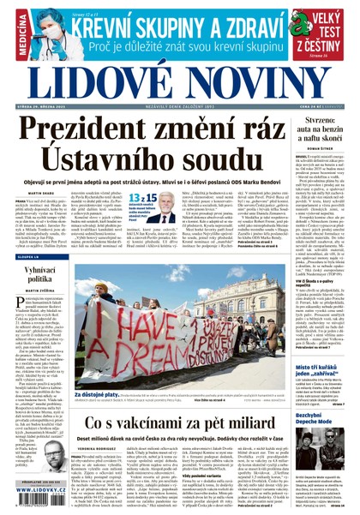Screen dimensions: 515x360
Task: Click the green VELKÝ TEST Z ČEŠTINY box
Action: [x=329, y=33]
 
